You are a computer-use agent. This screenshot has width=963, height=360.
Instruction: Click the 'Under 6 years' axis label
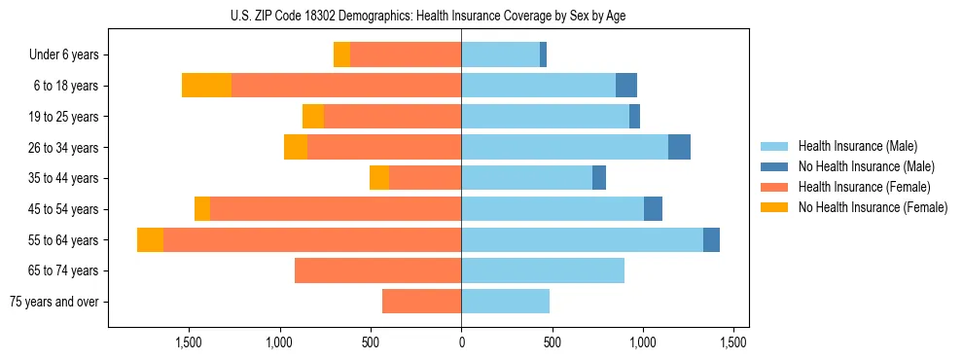[x=64, y=55]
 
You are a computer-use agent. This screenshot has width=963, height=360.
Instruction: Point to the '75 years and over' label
[x=55, y=302]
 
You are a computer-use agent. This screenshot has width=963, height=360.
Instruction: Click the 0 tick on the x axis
[x=461, y=342]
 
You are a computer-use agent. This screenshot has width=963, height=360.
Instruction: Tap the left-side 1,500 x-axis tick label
[x=188, y=342]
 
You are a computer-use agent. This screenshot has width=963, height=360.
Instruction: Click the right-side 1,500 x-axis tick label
[x=733, y=342]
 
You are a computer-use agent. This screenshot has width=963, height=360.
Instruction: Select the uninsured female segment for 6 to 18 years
[x=206, y=86]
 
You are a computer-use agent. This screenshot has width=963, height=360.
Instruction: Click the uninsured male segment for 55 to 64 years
[x=711, y=239]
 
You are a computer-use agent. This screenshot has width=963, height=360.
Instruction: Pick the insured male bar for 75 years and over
[x=505, y=302]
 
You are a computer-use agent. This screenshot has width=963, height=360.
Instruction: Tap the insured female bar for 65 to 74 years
[x=377, y=270]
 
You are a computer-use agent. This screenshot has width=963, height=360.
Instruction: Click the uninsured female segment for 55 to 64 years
[x=150, y=239]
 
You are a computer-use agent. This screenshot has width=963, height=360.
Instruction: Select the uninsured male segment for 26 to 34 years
[x=679, y=147]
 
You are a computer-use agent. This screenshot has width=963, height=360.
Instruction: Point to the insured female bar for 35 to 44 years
[x=425, y=178]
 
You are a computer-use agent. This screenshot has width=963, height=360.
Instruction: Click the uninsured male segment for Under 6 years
[x=543, y=54]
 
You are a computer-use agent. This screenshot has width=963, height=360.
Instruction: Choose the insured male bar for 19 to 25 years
[x=545, y=117]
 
